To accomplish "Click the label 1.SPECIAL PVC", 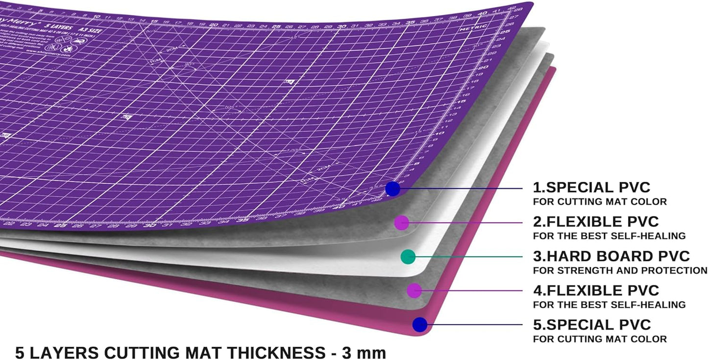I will coord(591,188).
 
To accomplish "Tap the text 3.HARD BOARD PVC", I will coord(611,256).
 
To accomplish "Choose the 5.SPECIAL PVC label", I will coord(592,325).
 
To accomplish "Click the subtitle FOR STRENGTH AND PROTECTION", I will coord(620,270).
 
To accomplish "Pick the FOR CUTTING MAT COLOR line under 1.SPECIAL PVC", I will coord(600,201).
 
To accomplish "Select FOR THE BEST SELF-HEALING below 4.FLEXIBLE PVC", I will coord(609,305).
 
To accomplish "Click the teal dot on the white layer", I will coord(408,256).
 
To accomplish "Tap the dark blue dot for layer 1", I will coord(392,188).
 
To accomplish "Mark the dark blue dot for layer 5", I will coord(420,324).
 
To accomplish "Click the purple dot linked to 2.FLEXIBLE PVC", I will coord(402,223).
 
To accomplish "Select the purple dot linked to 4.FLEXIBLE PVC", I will coord(415,290).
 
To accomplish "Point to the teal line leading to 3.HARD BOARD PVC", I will coord(470,256).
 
